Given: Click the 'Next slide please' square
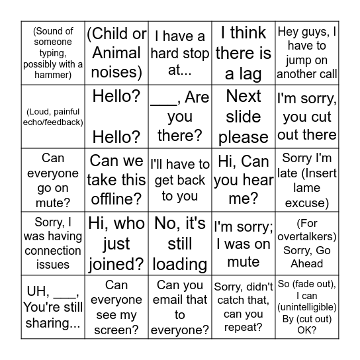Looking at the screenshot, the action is [x=244, y=116].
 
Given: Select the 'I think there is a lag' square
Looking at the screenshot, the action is [x=244, y=53].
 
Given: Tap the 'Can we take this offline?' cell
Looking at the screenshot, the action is [x=116, y=180].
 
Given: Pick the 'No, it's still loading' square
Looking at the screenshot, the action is [x=180, y=244].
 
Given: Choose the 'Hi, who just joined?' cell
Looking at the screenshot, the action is [x=116, y=244].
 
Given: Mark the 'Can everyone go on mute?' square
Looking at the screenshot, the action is [x=53, y=180].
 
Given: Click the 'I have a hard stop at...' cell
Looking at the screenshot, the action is [x=180, y=53].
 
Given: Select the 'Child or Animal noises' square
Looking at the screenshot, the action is [x=116, y=53].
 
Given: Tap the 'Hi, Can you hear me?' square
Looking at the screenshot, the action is [x=244, y=180].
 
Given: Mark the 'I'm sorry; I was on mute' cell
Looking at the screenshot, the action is [x=244, y=244].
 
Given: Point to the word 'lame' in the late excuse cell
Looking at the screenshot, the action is [x=307, y=188].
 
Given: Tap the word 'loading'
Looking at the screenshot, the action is [x=180, y=264].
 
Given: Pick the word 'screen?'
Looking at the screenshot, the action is [x=116, y=330].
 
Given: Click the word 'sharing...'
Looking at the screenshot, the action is [x=53, y=323].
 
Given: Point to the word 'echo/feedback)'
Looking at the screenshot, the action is [x=53, y=122].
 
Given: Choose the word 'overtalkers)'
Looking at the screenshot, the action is [x=307, y=236].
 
